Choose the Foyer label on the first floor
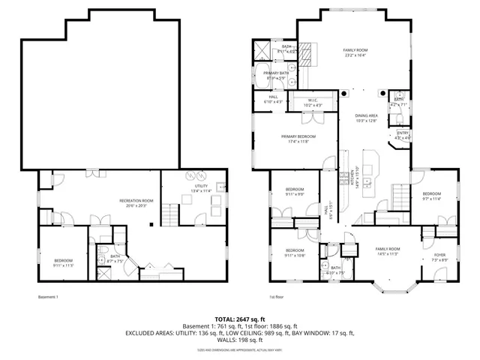pyautogui.click(x=439, y=255)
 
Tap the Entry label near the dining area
pyautogui.click(x=403, y=135)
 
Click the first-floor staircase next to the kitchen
pyautogui.click(x=399, y=197)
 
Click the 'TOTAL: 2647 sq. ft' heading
pyautogui.click(x=239, y=319)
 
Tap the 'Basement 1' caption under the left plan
pyautogui.click(x=48, y=297)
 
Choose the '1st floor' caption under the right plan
pyautogui.click(x=277, y=297)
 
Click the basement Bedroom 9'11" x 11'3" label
pyautogui.click(x=62, y=262)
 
